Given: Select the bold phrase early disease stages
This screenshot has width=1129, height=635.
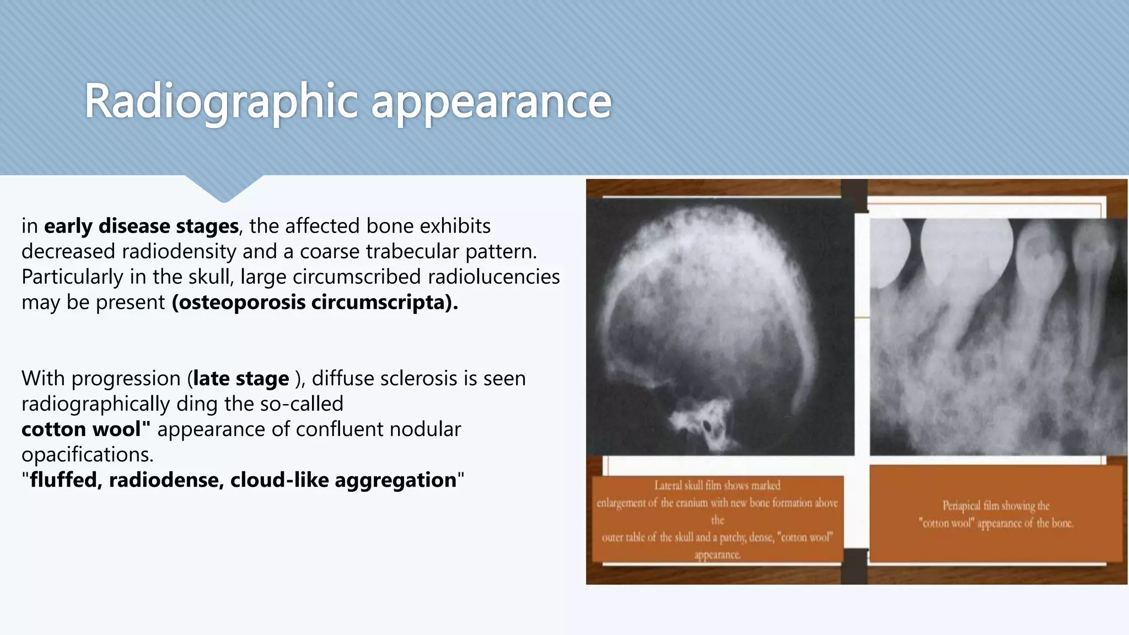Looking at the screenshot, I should pos(141,226).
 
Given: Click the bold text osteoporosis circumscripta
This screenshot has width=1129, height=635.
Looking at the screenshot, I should pos(314,303).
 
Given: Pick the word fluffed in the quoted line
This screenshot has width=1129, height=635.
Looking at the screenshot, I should pos(63,480).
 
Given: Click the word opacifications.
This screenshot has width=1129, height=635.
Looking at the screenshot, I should pos(87,455).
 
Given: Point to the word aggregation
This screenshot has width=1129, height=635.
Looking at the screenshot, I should pos(395,480).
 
